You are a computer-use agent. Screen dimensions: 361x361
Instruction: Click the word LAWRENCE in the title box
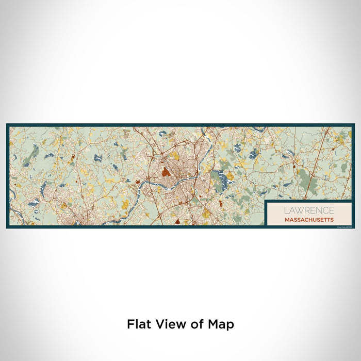click(308, 210)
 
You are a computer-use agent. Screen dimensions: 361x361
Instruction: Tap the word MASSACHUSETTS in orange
click(308, 220)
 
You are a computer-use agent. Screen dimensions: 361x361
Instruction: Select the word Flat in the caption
click(139, 324)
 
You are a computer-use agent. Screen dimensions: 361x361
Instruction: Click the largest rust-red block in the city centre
click(165, 171)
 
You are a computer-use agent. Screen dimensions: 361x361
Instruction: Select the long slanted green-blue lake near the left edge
click(34, 152)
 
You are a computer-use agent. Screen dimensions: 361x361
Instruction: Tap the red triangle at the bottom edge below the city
click(176, 222)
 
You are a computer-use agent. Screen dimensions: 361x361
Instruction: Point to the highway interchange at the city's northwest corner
click(151, 154)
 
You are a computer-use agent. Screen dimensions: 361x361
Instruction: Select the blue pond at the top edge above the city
click(163, 133)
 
